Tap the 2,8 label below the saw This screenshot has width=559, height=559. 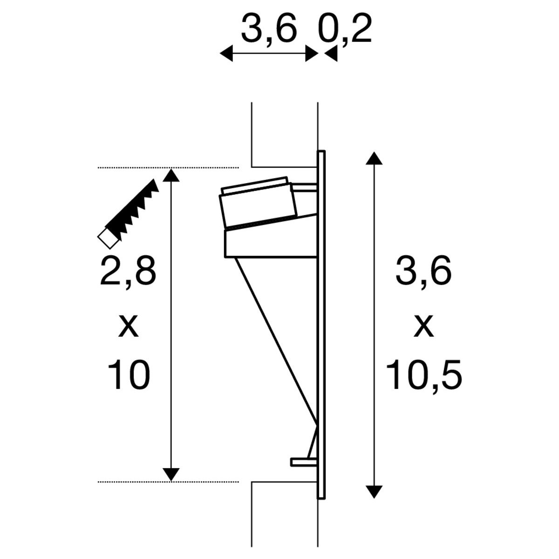coord(128,273)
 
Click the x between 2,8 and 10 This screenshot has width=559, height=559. coord(128,327)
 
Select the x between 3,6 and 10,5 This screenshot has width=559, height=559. coord(424,327)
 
